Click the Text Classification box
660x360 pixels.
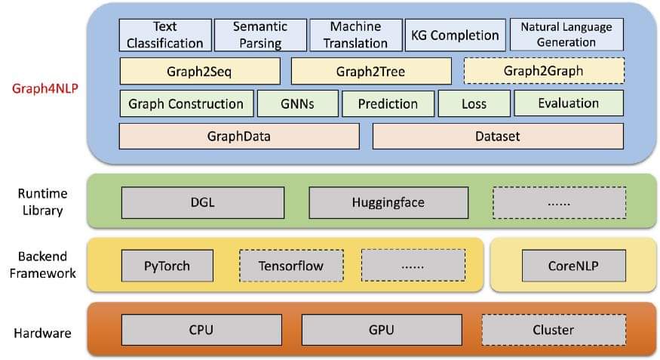click(x=164, y=35)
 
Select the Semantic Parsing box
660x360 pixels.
click(x=260, y=35)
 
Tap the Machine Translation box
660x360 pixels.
click(x=355, y=35)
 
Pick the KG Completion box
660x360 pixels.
click(x=455, y=35)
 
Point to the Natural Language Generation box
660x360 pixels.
click(x=566, y=35)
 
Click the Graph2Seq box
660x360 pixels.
click(x=200, y=72)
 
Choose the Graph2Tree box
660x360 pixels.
click(x=371, y=72)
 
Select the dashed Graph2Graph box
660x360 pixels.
click(x=544, y=72)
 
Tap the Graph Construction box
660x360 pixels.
click(x=186, y=103)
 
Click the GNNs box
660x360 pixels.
click(x=296, y=103)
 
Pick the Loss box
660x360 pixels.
click(x=474, y=103)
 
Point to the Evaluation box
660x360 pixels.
click(x=569, y=103)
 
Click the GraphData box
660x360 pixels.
click(x=239, y=137)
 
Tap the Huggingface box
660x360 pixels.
click(x=388, y=202)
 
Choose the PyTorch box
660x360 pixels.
click(x=167, y=266)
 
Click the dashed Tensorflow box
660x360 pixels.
click(x=291, y=266)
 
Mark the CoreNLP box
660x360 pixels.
click(x=574, y=266)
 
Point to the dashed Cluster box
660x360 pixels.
click(x=554, y=330)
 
